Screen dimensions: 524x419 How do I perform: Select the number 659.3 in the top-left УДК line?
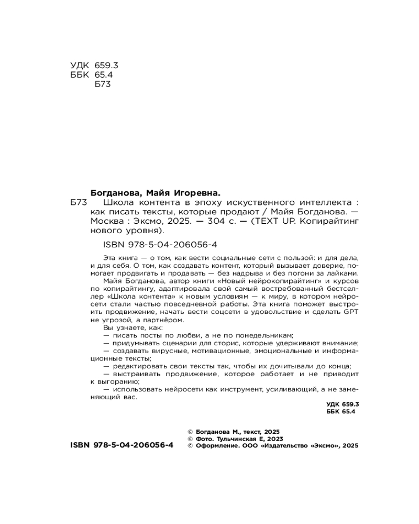[x=107, y=65]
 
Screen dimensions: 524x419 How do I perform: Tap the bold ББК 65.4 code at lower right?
[x=340, y=412]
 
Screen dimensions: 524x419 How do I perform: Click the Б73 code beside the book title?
[x=79, y=202]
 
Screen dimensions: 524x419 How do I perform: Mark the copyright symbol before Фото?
[x=190, y=439]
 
